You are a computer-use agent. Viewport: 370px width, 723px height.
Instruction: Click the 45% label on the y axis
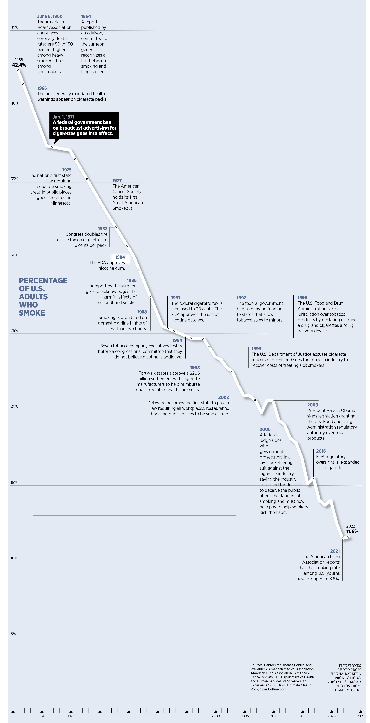pos(14,27)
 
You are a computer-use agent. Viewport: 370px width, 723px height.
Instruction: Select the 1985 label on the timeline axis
pos(129,716)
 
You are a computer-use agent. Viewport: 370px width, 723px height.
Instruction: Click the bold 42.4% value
pos(19,65)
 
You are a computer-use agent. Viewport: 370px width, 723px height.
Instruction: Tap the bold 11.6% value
pos(352,531)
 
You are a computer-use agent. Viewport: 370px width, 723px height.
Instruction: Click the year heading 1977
pos(117,180)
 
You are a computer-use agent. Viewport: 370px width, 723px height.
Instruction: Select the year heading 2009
pos(312,405)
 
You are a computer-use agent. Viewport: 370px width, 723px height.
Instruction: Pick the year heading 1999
pos(256,349)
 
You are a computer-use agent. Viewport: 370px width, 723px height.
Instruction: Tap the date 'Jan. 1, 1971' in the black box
pos(64,117)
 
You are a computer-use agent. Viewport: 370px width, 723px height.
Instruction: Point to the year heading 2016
pos(321,451)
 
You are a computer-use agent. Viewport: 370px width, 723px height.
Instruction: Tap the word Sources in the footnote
pos(257,665)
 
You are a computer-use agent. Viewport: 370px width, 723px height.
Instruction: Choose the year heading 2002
pos(224,397)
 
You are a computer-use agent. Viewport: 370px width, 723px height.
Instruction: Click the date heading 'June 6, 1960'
pos(50,16)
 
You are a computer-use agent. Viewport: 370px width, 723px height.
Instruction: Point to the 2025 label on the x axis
pos(360,716)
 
